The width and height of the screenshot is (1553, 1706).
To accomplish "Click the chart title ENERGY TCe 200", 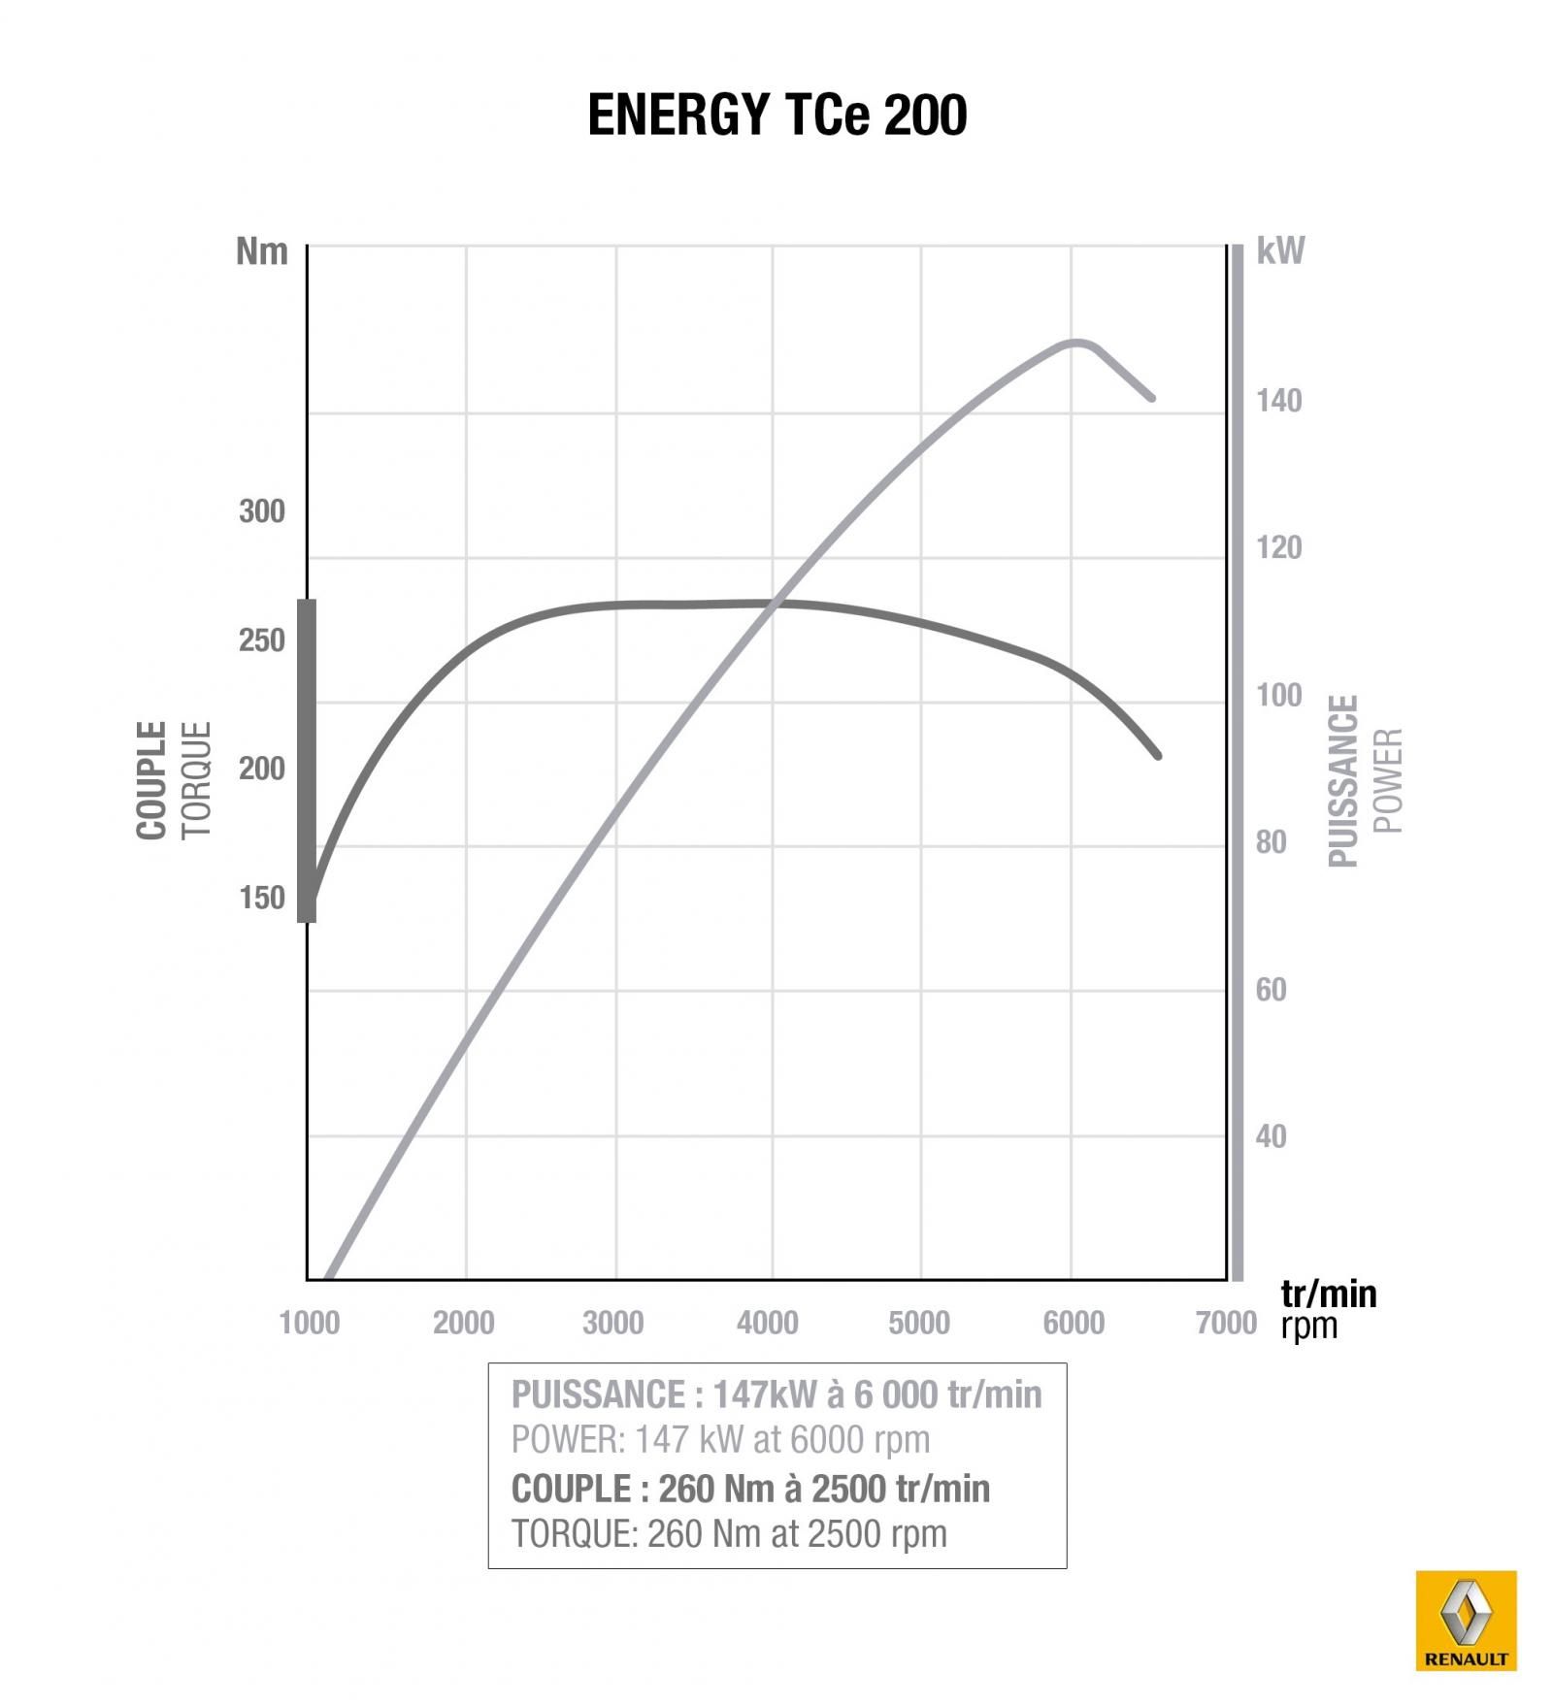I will coord(776,115).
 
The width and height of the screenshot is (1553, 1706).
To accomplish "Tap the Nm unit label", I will coord(262,251).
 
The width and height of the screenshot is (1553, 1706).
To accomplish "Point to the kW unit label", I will coord(1280,251).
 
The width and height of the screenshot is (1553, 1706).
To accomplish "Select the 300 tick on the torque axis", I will coord(262,511).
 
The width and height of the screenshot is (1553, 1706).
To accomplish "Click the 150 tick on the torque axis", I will coord(262,898).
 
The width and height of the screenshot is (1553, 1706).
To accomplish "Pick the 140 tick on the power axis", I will coord(1278,400).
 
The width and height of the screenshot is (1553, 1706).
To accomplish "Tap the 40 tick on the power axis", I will coord(1271,1135).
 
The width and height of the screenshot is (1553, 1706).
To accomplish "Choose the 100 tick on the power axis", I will coord(1278,695).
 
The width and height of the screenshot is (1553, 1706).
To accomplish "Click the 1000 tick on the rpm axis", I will coord(309,1323).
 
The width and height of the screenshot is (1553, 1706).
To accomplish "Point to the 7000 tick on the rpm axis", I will coord(1226,1323).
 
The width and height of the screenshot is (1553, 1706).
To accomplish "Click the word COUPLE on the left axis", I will coord(152,779).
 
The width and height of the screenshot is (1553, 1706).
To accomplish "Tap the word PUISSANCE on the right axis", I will coord(1343,779).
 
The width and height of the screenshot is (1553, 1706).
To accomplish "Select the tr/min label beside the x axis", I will coord(1328,1294).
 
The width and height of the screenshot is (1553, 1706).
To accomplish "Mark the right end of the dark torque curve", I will coord(1157,755).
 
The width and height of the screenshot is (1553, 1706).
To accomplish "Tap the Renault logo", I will coord(1466,1620).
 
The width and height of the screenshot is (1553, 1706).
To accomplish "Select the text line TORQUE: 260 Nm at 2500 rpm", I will coord(728,1534).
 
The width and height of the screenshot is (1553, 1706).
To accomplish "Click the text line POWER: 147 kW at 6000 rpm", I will coord(720,1440).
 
